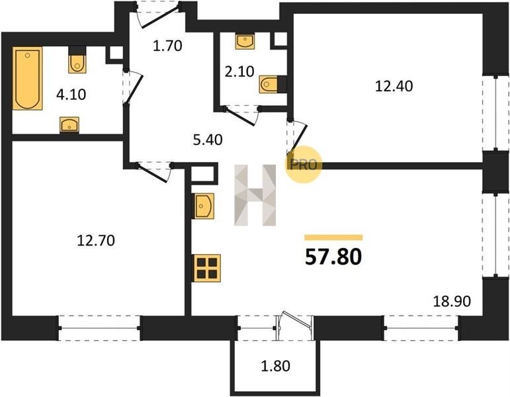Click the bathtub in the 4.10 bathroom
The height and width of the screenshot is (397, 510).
tap(28, 78)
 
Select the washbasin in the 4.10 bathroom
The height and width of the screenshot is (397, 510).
tap(69, 125)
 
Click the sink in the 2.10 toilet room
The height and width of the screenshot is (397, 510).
tap(245, 41)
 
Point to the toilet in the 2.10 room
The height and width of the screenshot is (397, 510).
tap(273, 85)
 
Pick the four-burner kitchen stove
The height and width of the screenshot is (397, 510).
tap(207, 268)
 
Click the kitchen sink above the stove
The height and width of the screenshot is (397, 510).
tap(204, 206)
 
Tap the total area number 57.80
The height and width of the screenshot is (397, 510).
tap(333, 257)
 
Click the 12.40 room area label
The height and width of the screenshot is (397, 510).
tap(394, 86)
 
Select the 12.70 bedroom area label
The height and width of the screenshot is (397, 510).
tap(96, 240)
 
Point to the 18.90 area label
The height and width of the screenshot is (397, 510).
tap(452, 301)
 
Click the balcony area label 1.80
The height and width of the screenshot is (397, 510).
tap(275, 366)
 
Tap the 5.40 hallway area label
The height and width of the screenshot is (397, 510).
tap(208, 140)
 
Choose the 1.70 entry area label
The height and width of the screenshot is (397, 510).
tap(167, 46)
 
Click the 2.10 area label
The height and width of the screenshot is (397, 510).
tap(239, 71)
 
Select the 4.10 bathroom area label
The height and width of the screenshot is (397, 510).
tap(71, 95)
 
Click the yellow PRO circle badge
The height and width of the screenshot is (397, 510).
tap(304, 165)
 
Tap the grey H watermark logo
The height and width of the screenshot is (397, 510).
tap(255, 195)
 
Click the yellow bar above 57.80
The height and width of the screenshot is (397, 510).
tap(333, 238)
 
